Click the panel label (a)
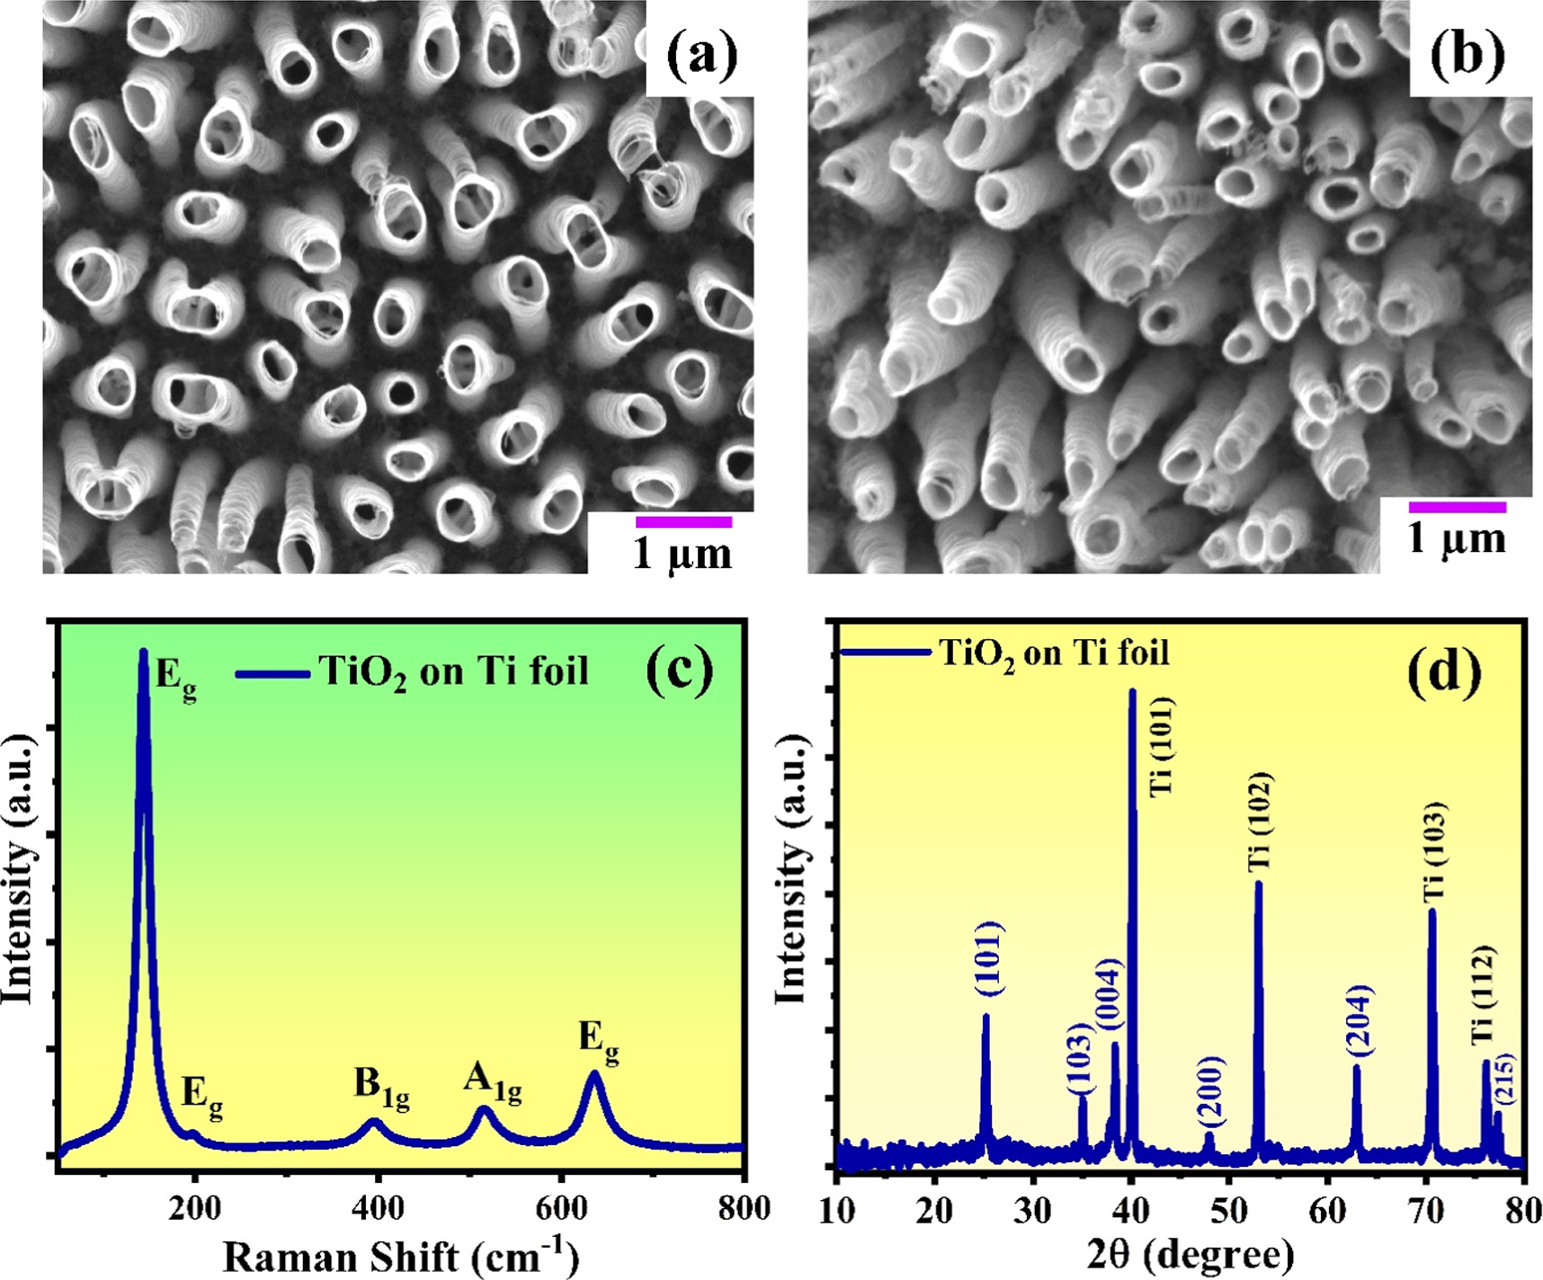(x=701, y=57)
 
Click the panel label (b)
(x=1467, y=57)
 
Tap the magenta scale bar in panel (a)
(x=683, y=522)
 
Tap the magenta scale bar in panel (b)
(x=1457, y=508)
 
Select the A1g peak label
(x=492, y=1081)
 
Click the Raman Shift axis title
(x=400, y=1255)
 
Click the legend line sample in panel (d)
(x=884, y=652)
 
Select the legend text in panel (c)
(x=453, y=671)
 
